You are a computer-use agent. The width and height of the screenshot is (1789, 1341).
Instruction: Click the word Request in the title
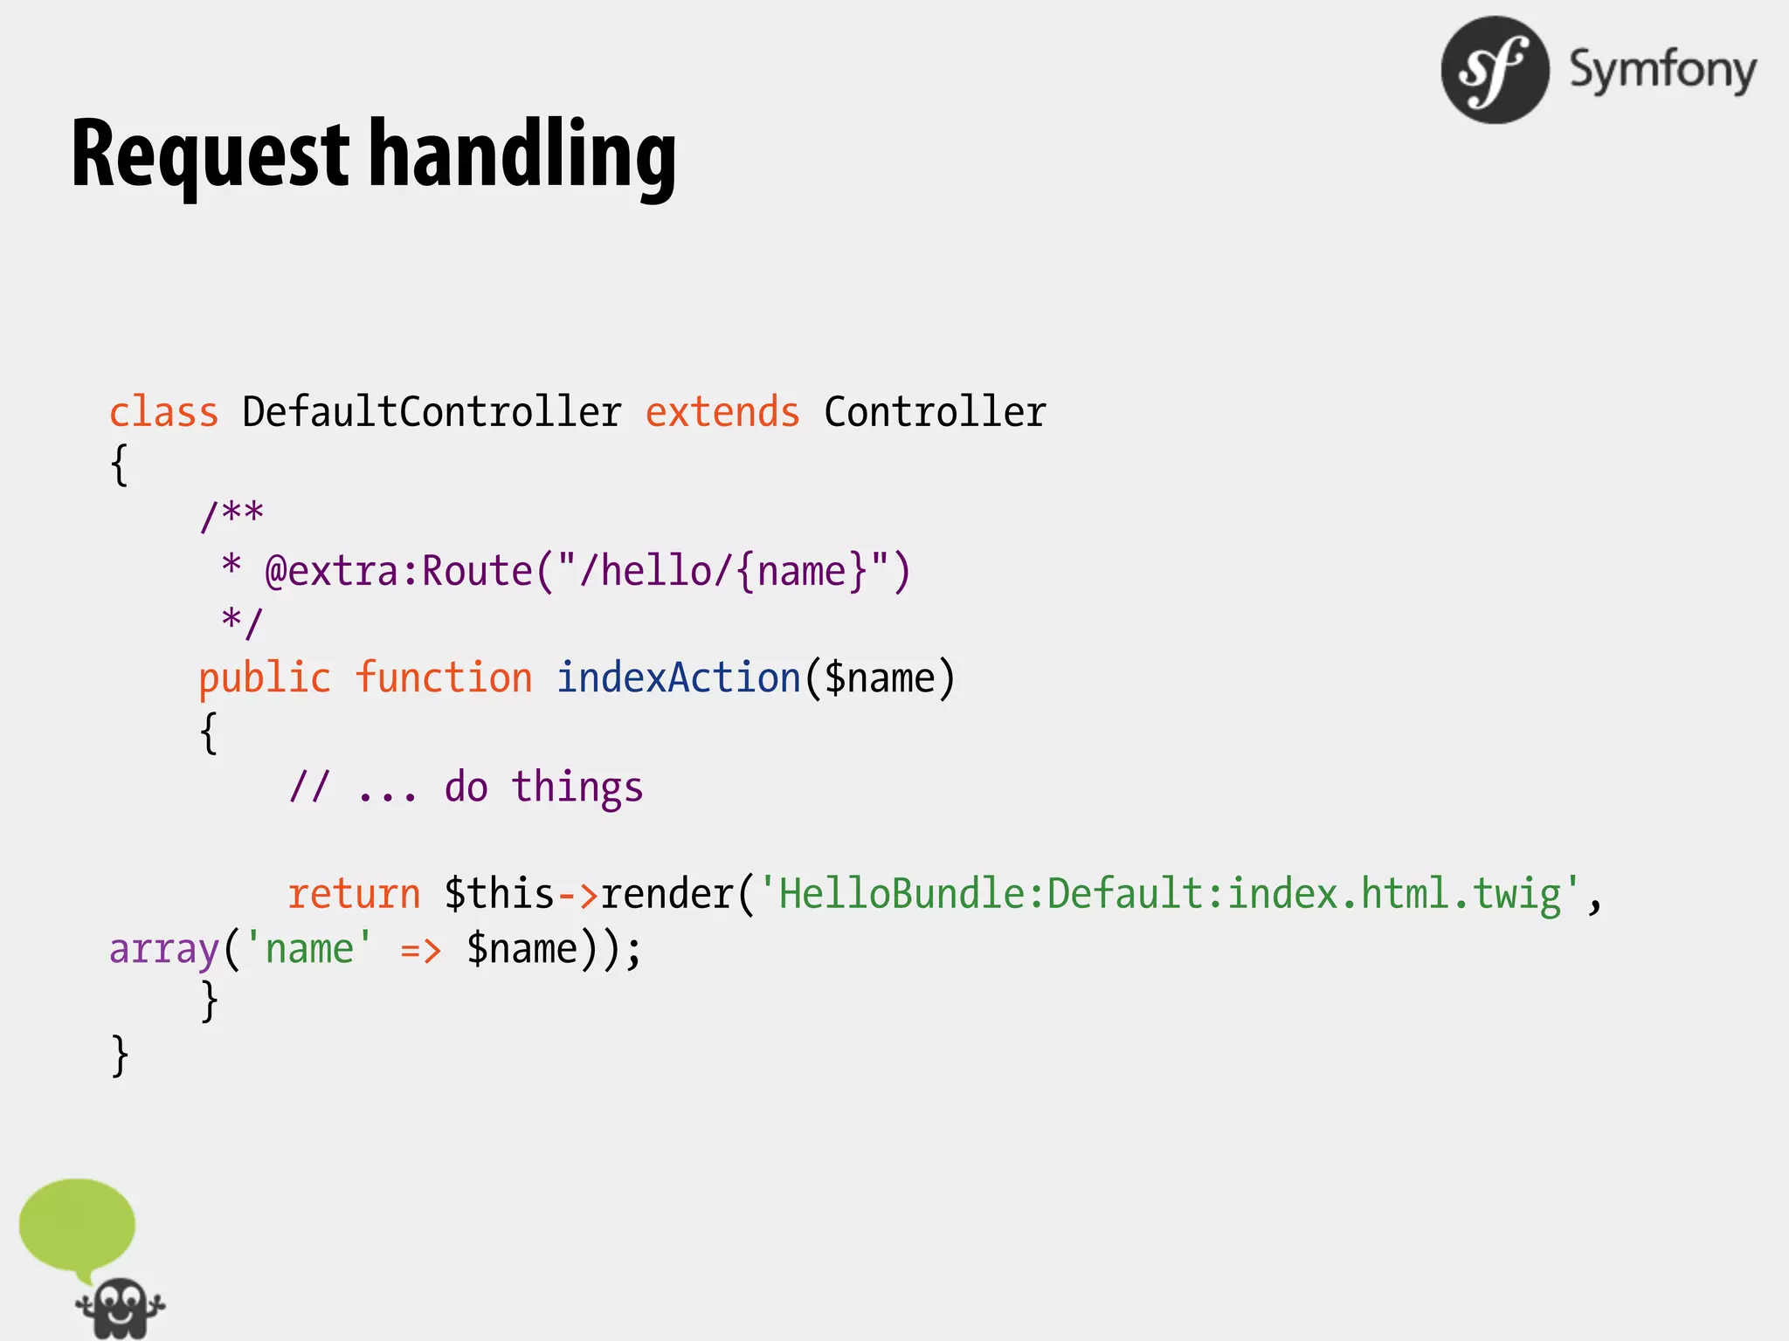pyautogui.click(x=210, y=155)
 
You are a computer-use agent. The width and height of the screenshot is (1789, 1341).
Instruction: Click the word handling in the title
pyautogui.click(x=522, y=155)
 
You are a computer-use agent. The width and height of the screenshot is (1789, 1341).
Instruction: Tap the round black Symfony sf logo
pyautogui.click(x=1495, y=70)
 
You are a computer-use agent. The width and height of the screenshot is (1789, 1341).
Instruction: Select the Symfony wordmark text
pyautogui.click(x=1662, y=70)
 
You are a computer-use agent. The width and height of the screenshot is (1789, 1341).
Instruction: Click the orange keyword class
pyautogui.click(x=163, y=412)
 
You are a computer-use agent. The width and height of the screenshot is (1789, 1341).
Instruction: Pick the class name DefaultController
pyautogui.click(x=432, y=412)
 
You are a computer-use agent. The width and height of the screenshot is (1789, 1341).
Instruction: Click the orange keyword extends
pyautogui.click(x=722, y=412)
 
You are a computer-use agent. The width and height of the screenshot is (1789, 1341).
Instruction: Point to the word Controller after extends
pyautogui.click(x=935, y=412)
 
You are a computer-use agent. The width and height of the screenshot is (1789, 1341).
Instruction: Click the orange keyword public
pyautogui.click(x=265, y=679)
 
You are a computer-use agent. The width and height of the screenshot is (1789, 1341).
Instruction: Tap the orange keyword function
pyautogui.click(x=444, y=679)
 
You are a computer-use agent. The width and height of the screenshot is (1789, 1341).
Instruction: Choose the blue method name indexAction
pyautogui.click(x=679, y=679)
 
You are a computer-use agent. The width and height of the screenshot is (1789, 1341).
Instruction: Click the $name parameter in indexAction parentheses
pyautogui.click(x=880, y=679)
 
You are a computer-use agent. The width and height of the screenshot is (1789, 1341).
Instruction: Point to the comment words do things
pyautogui.click(x=543, y=787)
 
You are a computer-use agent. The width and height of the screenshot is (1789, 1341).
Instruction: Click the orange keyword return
pyautogui.click(x=355, y=894)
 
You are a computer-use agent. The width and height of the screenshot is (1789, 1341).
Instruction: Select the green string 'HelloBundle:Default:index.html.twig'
pyautogui.click(x=1170, y=894)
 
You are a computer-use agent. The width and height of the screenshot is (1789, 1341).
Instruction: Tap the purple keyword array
pyautogui.click(x=163, y=949)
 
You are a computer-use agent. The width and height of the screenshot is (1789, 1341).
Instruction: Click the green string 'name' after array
pyautogui.click(x=309, y=949)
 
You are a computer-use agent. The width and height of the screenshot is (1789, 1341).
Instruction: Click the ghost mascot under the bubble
pyautogui.click(x=120, y=1309)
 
